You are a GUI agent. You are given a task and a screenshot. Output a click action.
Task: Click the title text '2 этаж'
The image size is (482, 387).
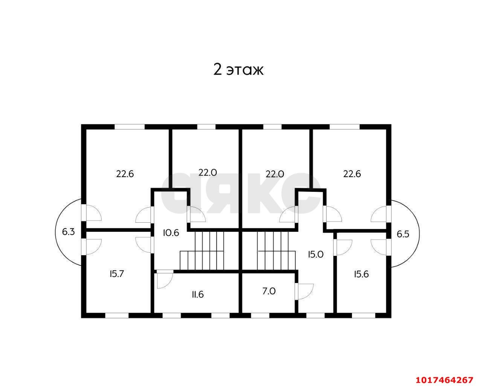[x=238, y=70]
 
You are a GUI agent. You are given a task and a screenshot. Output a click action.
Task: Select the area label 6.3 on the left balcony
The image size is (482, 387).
[x=68, y=232]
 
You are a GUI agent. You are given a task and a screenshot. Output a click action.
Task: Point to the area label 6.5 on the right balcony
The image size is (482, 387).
[x=403, y=234]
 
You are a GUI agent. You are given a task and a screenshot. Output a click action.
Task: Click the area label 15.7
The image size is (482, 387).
[x=117, y=274]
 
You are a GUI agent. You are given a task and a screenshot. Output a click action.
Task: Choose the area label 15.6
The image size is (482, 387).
[x=361, y=274]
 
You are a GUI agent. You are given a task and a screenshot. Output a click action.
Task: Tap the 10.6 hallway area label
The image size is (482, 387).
[x=171, y=233]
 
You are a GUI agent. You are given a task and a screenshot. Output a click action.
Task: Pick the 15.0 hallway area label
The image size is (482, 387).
[x=316, y=254]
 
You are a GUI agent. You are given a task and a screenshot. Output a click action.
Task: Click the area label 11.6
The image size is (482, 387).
[x=198, y=295]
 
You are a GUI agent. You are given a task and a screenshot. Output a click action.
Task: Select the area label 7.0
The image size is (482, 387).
[x=269, y=291]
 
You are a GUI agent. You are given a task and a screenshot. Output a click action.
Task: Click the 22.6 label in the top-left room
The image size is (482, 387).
[x=125, y=174]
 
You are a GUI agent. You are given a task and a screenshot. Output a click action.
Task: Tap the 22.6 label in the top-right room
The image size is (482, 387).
[x=352, y=174]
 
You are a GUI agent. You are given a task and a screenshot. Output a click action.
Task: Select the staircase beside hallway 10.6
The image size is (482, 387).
[x=202, y=251]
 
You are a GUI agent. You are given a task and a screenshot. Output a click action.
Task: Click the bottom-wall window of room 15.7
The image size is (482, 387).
[x=117, y=315]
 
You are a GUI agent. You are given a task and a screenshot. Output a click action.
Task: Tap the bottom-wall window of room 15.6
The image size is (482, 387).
[x=363, y=315]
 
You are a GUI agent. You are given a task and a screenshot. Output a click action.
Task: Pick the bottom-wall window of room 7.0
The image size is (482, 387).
[x=260, y=315]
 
